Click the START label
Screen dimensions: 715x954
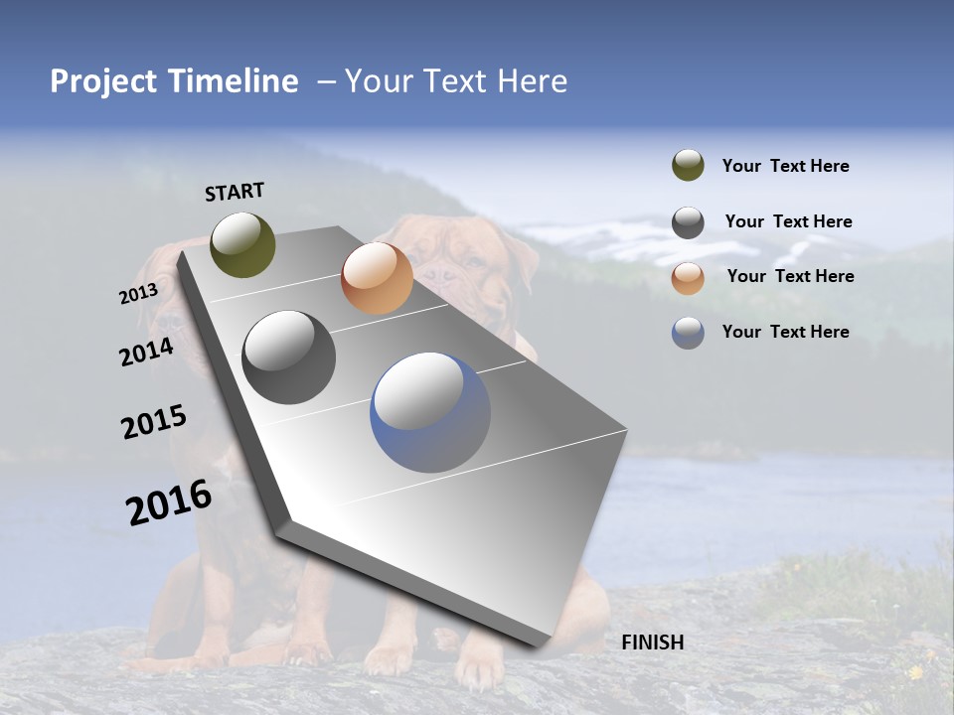[235, 192]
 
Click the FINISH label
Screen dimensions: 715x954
[652, 643]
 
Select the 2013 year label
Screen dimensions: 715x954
[138, 294]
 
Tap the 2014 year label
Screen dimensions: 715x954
[146, 353]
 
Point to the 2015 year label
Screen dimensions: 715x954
[153, 422]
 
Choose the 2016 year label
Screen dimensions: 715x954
[169, 502]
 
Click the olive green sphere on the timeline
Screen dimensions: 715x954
[242, 244]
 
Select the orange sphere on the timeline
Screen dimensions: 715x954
[377, 278]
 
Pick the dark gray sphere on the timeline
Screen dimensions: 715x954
[289, 357]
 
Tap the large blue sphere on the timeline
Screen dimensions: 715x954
[430, 412]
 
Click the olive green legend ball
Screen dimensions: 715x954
[688, 166]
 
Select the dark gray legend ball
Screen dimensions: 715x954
[688, 222]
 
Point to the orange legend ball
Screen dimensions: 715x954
[688, 278]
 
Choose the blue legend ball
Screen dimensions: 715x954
[688, 333]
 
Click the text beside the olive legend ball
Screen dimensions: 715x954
[785, 167]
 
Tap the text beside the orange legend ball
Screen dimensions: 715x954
[790, 276]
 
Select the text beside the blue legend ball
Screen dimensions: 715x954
[785, 332]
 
